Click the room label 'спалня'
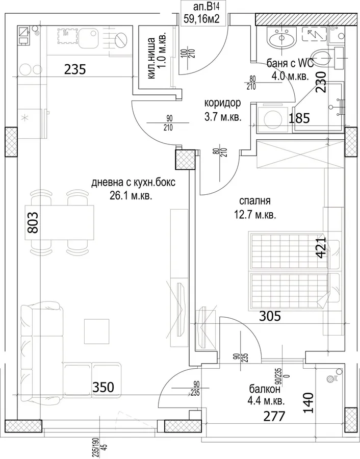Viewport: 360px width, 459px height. (254, 201)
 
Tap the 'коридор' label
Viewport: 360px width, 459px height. (222, 103)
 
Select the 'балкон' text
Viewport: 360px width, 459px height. (265, 389)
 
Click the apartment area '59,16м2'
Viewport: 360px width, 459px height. (201, 19)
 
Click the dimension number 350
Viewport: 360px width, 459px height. (103, 387)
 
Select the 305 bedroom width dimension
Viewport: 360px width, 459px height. (270, 316)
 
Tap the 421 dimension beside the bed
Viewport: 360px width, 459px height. (321, 248)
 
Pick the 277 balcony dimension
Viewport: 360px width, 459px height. (274, 416)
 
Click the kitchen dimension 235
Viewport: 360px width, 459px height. (75, 70)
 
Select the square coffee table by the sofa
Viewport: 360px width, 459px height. (97, 331)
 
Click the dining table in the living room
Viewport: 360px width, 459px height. (62, 223)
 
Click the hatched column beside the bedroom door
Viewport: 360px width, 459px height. (185, 160)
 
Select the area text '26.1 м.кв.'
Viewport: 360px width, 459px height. (131, 196)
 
